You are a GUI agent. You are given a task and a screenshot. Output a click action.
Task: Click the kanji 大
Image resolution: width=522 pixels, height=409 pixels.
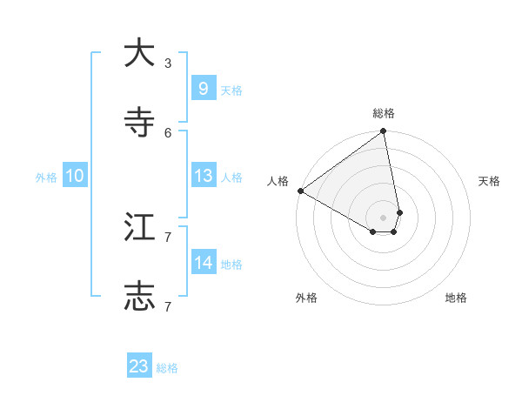pyautogui.click(x=139, y=54)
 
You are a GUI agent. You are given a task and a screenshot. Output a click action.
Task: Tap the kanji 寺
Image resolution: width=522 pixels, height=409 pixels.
pyautogui.click(x=139, y=123)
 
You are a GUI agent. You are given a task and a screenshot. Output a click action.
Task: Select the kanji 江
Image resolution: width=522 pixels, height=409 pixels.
pyautogui.click(x=139, y=227)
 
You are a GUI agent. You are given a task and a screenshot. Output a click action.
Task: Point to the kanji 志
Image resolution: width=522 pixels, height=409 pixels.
pyautogui.click(x=139, y=296)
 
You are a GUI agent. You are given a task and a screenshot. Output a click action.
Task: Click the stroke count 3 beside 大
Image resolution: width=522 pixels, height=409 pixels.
pyautogui.click(x=168, y=63)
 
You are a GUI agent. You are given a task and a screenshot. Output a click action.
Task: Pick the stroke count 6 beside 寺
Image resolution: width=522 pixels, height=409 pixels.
pyautogui.click(x=168, y=132)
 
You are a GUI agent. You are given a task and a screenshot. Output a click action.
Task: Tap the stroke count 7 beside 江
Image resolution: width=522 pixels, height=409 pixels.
pyautogui.click(x=168, y=237)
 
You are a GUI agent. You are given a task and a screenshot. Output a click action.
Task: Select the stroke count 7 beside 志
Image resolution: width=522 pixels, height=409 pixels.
pyautogui.click(x=168, y=306)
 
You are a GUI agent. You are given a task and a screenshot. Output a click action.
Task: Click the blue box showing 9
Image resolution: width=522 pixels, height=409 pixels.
pyautogui.click(x=203, y=88)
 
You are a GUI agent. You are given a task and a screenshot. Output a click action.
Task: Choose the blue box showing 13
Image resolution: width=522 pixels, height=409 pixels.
pyautogui.click(x=203, y=176)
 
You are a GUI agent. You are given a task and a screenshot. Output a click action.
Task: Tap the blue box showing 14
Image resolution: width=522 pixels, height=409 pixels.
pyautogui.click(x=203, y=262)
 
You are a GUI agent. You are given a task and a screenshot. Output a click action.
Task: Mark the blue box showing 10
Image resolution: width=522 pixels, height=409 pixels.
pyautogui.click(x=75, y=176)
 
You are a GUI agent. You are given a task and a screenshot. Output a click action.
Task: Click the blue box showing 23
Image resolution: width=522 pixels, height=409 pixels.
pyautogui.click(x=139, y=366)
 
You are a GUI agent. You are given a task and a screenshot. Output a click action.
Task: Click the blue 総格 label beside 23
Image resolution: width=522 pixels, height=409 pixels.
pyautogui.click(x=168, y=368)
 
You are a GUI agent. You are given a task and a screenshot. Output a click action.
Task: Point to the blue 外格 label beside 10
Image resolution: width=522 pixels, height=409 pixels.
pyautogui.click(x=46, y=178)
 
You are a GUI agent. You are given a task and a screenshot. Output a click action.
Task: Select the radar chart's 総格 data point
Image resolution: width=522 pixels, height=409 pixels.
pyautogui.click(x=384, y=132)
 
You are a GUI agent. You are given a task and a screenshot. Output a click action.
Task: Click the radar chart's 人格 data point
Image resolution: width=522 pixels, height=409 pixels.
pyautogui.click(x=300, y=191)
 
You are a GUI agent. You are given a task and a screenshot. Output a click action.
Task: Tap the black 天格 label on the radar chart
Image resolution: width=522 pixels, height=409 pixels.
pyautogui.click(x=489, y=181)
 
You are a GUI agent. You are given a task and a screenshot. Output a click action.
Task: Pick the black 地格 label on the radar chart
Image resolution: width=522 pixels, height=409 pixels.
pyautogui.click(x=456, y=298)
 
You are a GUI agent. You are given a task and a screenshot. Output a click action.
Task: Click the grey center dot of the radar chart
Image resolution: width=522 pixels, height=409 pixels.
pyautogui.click(x=384, y=217)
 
